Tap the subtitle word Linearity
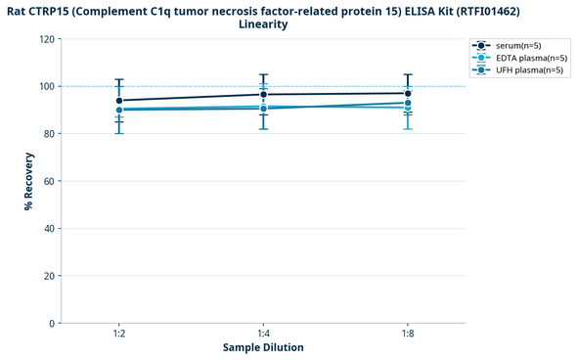pos(263,24)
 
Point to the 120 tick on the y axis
pos(46,39)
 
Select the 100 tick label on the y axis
pos(46,86)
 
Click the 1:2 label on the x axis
pos(119,334)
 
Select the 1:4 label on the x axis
pos(263,334)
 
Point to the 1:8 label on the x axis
pos(408,334)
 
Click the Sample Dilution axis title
pos(263,348)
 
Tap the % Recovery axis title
pos(28,181)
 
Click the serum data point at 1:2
pos(119,101)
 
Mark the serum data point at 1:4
pos(263,95)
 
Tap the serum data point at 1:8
pos(408,94)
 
